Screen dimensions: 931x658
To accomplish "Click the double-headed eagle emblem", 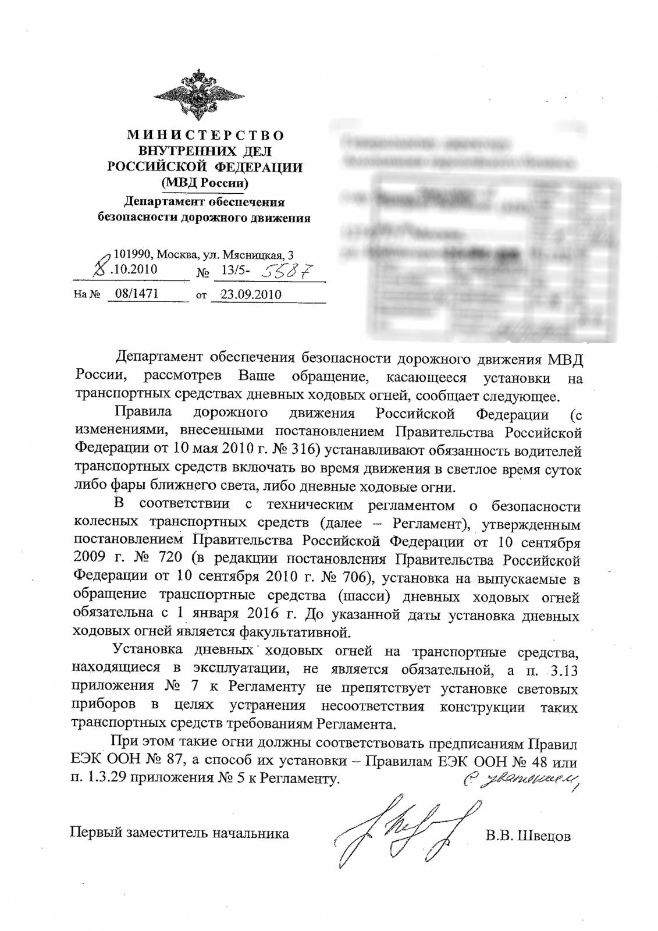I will tap(205, 95).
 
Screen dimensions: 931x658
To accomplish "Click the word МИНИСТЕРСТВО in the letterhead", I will tap(205, 135).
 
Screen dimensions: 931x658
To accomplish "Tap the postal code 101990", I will tap(131, 255).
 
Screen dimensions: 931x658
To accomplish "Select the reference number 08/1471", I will tap(137, 294).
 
